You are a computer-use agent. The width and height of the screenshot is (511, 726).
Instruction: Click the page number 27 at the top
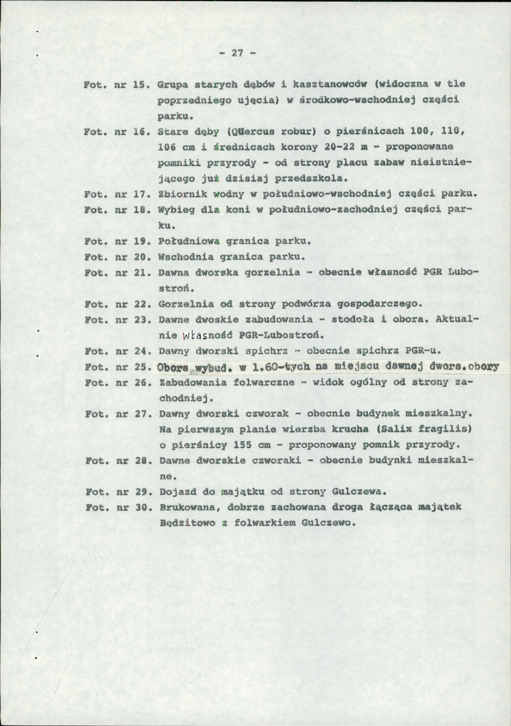(236, 53)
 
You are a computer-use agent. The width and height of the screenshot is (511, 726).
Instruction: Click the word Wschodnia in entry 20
(180, 257)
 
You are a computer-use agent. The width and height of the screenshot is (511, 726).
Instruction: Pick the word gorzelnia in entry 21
(267, 272)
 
